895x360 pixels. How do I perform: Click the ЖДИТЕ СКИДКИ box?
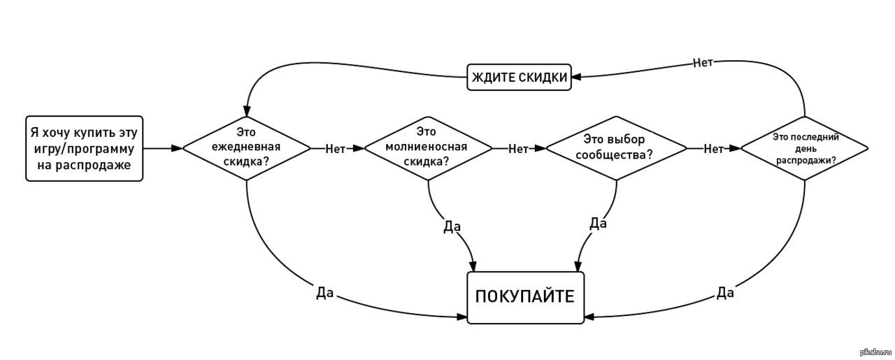tap(519, 77)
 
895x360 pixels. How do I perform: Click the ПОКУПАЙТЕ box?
tap(525, 296)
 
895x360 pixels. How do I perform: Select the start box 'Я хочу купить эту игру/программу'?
tap(84, 148)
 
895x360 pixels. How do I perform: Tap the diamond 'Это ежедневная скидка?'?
tap(246, 148)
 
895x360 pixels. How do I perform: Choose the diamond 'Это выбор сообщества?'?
tap(616, 148)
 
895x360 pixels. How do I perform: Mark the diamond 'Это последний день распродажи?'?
tap(805, 148)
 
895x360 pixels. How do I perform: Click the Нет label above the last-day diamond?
tap(703, 63)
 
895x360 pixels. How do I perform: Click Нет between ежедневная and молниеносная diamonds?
tap(336, 148)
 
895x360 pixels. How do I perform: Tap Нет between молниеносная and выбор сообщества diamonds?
tap(518, 148)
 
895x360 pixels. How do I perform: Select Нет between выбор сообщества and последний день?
tap(713, 148)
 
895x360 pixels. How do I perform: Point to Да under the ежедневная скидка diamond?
tap(324, 294)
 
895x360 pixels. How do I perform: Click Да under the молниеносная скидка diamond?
tap(452, 226)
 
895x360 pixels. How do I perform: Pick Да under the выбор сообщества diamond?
tap(598, 223)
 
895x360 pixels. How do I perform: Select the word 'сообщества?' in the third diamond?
tap(616, 155)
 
